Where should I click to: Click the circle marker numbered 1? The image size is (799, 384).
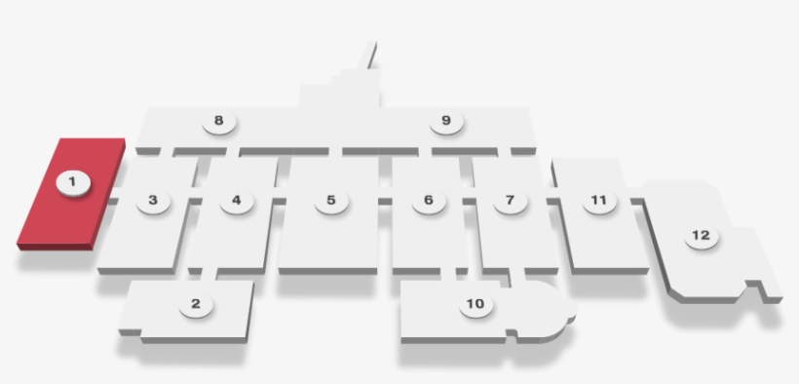(x=73, y=182)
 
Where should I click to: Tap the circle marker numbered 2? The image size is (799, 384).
(x=196, y=304)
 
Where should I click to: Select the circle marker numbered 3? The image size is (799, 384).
(x=153, y=201)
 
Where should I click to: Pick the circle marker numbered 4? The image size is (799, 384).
(x=237, y=201)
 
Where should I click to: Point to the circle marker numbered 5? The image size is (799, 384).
(x=331, y=201)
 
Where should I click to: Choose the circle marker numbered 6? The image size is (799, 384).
(x=429, y=201)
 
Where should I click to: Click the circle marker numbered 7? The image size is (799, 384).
(x=510, y=201)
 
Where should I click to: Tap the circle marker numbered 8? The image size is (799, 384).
(x=218, y=121)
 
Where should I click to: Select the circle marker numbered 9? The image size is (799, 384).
(x=446, y=121)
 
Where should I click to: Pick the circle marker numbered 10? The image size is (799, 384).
(x=476, y=304)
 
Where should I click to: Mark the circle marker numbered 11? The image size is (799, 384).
(x=599, y=201)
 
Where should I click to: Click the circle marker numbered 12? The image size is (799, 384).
(x=702, y=236)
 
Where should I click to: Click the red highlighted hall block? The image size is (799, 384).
(x=71, y=194)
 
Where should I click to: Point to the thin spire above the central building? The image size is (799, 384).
(x=368, y=55)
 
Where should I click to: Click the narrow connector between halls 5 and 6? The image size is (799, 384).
(x=385, y=201)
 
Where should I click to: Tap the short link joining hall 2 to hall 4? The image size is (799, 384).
(x=209, y=275)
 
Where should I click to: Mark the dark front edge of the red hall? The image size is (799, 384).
(x=55, y=248)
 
